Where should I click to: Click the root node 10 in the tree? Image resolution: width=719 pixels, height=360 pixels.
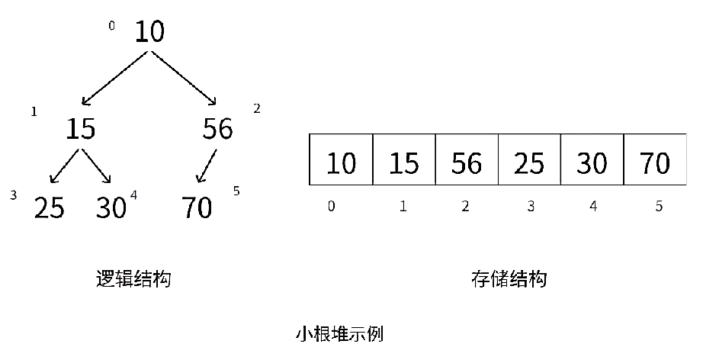[149, 32]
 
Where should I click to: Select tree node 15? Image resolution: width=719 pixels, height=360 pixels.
[80, 129]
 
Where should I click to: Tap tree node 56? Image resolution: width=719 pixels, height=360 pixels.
[217, 129]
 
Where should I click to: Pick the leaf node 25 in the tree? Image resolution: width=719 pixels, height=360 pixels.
[49, 207]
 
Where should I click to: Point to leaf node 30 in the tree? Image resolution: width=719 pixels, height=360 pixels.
[111, 207]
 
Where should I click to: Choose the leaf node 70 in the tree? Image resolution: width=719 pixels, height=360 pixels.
[197, 207]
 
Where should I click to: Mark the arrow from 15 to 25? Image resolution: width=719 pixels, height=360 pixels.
[64, 166]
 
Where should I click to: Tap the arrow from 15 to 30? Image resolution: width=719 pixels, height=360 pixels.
[97, 166]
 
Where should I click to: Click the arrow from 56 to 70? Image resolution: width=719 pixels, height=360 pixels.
[207, 166]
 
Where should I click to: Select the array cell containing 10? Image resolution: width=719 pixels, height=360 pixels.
[341, 159]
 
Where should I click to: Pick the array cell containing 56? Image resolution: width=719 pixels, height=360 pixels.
[466, 159]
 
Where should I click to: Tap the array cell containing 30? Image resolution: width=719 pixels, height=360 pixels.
[592, 159]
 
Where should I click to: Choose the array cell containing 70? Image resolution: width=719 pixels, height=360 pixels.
[654, 159]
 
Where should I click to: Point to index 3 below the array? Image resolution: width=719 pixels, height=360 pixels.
[528, 206]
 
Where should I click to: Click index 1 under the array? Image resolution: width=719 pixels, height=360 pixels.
[403, 206]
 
